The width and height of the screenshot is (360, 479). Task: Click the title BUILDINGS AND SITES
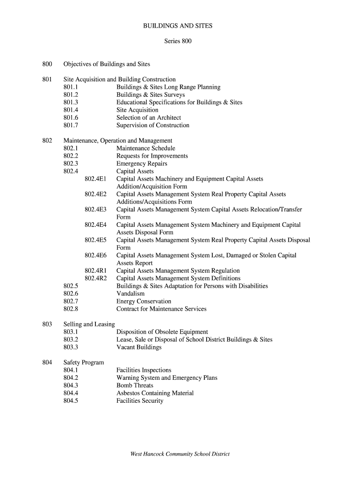(x=178, y=26)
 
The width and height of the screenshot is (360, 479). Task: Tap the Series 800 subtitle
(x=178, y=41)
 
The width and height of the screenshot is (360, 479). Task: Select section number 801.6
(x=71, y=117)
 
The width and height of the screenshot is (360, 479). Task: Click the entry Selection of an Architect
(x=149, y=117)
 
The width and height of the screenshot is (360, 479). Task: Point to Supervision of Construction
(x=153, y=125)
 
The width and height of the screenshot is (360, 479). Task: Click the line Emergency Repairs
(x=142, y=164)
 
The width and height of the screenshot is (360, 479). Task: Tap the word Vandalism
(x=130, y=294)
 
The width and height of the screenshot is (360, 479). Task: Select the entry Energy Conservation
(x=144, y=301)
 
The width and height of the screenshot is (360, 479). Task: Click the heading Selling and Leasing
(x=89, y=324)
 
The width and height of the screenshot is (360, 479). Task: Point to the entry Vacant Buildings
(x=139, y=347)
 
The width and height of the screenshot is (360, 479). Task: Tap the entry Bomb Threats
(x=135, y=385)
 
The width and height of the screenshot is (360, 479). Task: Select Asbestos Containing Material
(x=155, y=393)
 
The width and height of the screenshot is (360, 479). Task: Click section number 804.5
(x=71, y=401)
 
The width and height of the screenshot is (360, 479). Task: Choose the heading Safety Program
(x=84, y=363)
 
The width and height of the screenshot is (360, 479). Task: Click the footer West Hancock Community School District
(x=180, y=454)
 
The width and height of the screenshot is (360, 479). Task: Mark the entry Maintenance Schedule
(x=146, y=148)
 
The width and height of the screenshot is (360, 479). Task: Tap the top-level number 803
(x=47, y=324)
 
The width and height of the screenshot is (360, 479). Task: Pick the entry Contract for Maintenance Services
(x=161, y=309)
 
